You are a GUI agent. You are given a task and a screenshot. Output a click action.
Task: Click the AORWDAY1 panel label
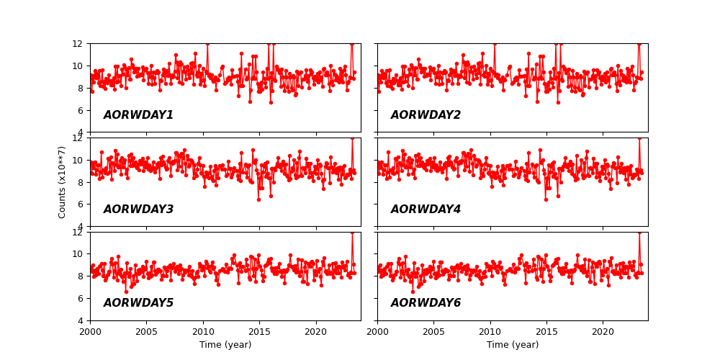pos(138,115)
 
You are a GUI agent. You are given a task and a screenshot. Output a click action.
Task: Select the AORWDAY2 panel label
pos(426,115)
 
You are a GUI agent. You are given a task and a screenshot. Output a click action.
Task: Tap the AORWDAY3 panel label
pos(138,210)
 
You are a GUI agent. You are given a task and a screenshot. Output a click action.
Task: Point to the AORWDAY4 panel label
pos(426,210)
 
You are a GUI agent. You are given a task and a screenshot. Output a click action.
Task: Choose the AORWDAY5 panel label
pos(138,303)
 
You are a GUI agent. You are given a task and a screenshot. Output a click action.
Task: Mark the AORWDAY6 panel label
pos(426,303)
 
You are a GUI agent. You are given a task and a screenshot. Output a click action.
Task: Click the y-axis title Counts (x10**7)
pos(63,182)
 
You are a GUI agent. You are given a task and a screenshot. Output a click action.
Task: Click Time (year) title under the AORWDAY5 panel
pos(225,345)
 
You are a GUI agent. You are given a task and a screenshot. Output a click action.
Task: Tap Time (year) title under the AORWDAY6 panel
pos(513,345)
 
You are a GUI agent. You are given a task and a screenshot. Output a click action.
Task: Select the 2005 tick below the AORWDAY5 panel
pos(146,332)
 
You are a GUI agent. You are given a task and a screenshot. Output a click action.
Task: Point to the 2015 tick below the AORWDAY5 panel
pos(259,332)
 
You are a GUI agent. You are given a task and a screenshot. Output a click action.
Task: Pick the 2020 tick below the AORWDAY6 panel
pos(603,332)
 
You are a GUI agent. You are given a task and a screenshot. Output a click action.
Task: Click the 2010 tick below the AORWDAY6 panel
pos(490,332)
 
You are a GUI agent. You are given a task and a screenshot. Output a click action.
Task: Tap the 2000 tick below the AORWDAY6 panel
pos(377,332)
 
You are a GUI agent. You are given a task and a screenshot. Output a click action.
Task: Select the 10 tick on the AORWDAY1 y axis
pos(80,66)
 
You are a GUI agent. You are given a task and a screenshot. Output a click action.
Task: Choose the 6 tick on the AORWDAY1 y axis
pos(82,110)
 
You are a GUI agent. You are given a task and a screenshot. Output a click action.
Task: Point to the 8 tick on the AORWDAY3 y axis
pos(82,182)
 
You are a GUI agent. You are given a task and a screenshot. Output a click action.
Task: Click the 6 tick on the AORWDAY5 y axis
pos(82,298)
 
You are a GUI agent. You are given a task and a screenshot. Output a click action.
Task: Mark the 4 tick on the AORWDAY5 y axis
pos(82,320)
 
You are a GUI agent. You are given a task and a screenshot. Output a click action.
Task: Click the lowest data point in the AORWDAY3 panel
pos(258,199)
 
